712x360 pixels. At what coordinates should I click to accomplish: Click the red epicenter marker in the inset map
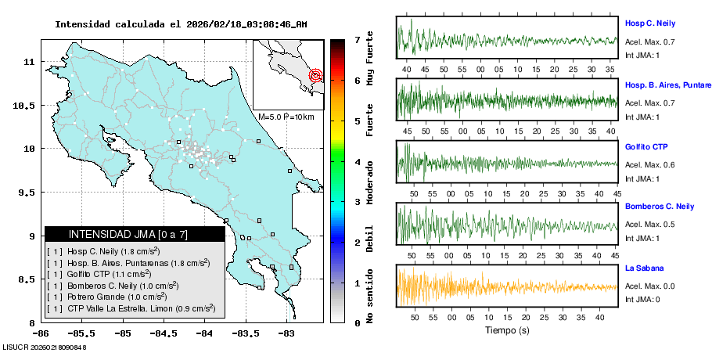point(316,76)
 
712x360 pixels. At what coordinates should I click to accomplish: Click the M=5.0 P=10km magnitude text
point(286,117)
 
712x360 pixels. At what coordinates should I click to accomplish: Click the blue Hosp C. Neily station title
point(649,23)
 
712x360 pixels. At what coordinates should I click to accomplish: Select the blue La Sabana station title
point(644,268)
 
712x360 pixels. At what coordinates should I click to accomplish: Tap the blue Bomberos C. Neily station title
point(660,207)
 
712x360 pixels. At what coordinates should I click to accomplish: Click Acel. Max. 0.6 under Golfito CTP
point(649,165)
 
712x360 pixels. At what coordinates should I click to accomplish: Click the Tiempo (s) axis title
point(507,331)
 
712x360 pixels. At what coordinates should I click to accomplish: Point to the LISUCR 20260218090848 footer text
point(44,347)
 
